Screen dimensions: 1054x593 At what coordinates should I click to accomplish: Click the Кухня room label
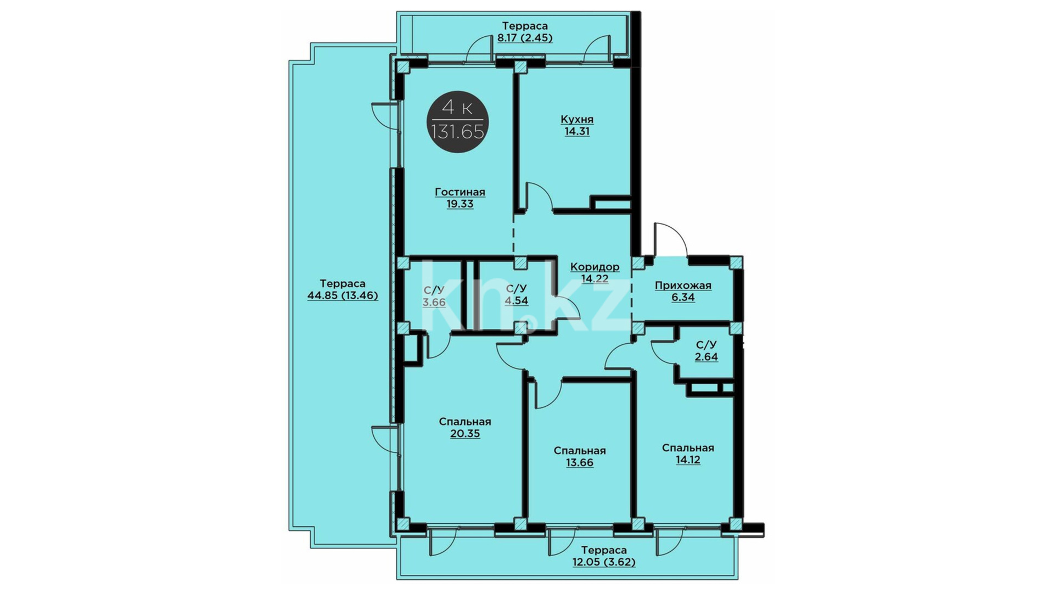[577, 119]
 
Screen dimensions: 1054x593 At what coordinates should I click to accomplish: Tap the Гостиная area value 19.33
[460, 204]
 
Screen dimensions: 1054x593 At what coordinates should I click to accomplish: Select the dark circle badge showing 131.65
[457, 121]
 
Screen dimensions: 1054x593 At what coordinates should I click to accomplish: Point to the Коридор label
[595, 267]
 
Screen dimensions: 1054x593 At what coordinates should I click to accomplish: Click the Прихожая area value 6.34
[683, 297]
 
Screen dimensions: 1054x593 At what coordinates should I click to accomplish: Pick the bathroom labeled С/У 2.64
[706, 351]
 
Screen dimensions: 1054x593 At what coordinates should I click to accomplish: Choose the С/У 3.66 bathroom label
[434, 296]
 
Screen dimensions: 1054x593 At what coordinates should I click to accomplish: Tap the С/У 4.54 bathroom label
[517, 294]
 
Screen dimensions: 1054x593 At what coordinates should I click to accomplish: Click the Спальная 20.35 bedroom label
[465, 427]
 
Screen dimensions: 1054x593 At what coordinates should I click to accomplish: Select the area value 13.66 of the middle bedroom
[580, 462]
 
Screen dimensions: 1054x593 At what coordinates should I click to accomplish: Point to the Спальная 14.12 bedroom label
[688, 454]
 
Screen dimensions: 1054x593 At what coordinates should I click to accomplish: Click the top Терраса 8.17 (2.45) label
[525, 32]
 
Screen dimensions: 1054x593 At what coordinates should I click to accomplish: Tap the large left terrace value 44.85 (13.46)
[343, 295]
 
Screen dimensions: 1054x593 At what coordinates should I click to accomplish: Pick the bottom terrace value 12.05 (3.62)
[604, 562]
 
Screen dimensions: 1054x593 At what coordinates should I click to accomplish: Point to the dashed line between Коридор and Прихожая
[632, 294]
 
